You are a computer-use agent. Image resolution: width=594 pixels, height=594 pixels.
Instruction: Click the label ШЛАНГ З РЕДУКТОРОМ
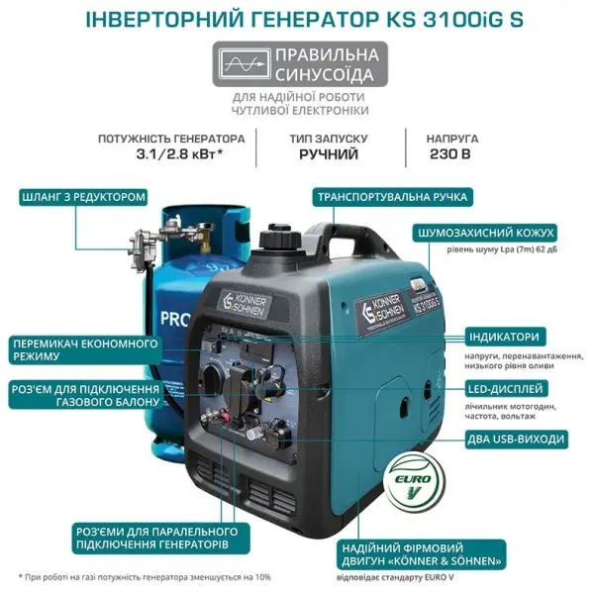(83, 197)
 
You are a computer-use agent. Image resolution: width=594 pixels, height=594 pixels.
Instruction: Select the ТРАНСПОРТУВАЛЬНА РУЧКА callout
(392, 197)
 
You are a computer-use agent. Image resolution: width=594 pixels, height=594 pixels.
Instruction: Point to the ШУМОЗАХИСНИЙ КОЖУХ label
(486, 233)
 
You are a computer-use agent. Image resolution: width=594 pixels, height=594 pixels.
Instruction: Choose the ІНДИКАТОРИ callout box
(504, 337)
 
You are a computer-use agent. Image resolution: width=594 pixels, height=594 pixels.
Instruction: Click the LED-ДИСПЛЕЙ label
(505, 389)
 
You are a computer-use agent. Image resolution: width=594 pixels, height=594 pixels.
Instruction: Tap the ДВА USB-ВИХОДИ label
(516, 439)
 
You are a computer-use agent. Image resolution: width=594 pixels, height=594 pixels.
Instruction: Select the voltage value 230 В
(450, 154)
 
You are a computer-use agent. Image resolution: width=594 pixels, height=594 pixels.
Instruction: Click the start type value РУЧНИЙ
(329, 154)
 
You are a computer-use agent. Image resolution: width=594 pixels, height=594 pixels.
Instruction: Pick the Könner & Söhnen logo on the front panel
(244, 304)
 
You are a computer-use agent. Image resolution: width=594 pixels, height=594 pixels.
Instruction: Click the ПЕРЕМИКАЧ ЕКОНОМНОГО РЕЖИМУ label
(85, 349)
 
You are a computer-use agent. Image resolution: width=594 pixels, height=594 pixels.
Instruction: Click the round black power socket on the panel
(239, 389)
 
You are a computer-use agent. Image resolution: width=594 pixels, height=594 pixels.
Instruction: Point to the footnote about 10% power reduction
(145, 577)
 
